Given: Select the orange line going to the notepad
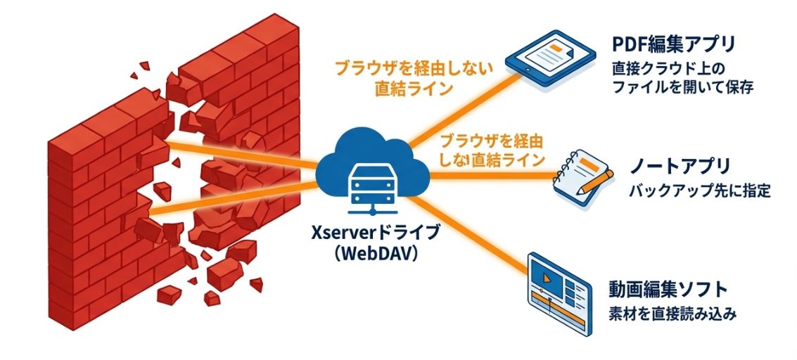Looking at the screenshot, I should tap(492, 176).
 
